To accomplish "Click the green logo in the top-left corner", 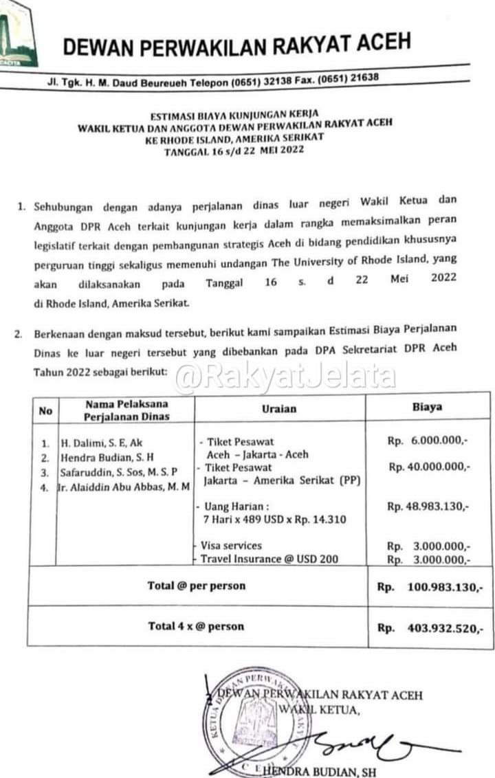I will point(16,31).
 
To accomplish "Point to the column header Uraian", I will point(279,408).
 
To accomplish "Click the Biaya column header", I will point(427,407).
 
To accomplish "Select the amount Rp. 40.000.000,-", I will point(428,467).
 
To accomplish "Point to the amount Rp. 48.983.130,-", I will point(428,507).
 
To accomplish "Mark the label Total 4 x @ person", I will point(196,626).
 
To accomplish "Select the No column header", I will point(45,411).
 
